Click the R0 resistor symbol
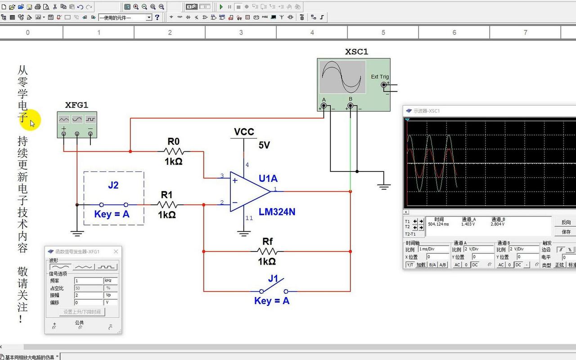pyautogui.click(x=174, y=152)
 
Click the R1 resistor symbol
pyautogui.click(x=167, y=205)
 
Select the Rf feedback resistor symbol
pyautogui.click(x=267, y=252)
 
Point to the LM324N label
pyautogui.click(x=277, y=212)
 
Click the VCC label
pyautogui.click(x=244, y=132)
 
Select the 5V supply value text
pyautogui.click(x=264, y=145)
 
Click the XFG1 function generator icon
pyautogui.click(x=77, y=124)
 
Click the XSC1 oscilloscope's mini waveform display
pyautogui.click(x=342, y=77)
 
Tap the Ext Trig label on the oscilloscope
pyautogui.click(x=380, y=76)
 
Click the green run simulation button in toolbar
pyautogui.click(x=221, y=7)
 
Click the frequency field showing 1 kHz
pyautogui.click(x=89, y=280)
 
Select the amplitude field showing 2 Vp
pyautogui.click(x=89, y=295)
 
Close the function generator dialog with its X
pyautogui.click(x=116, y=252)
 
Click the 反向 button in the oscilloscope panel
pyautogui.click(x=566, y=222)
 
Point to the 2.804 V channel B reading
pyautogui.click(x=497, y=224)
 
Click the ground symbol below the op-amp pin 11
pyautogui.click(x=244, y=233)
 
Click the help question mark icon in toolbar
pyautogui.click(x=157, y=17)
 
